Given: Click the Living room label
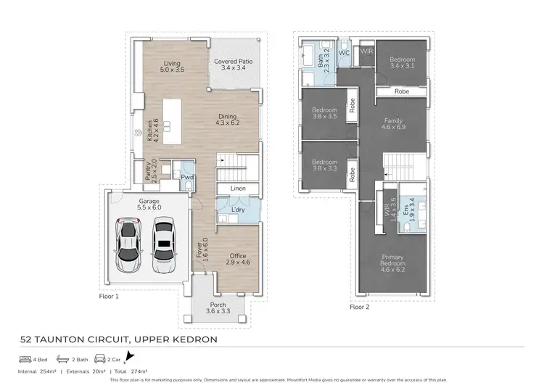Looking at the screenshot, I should click(171, 67).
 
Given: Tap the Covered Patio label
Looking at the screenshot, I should click(233, 66).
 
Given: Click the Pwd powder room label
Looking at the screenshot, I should click(187, 177).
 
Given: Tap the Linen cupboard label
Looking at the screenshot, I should click(238, 189).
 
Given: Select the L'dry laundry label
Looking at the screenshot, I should click(237, 210).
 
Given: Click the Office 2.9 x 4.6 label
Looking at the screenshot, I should click(238, 260).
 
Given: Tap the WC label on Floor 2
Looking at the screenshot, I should click(345, 53).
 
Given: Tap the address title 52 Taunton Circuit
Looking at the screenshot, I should click(117, 339).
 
